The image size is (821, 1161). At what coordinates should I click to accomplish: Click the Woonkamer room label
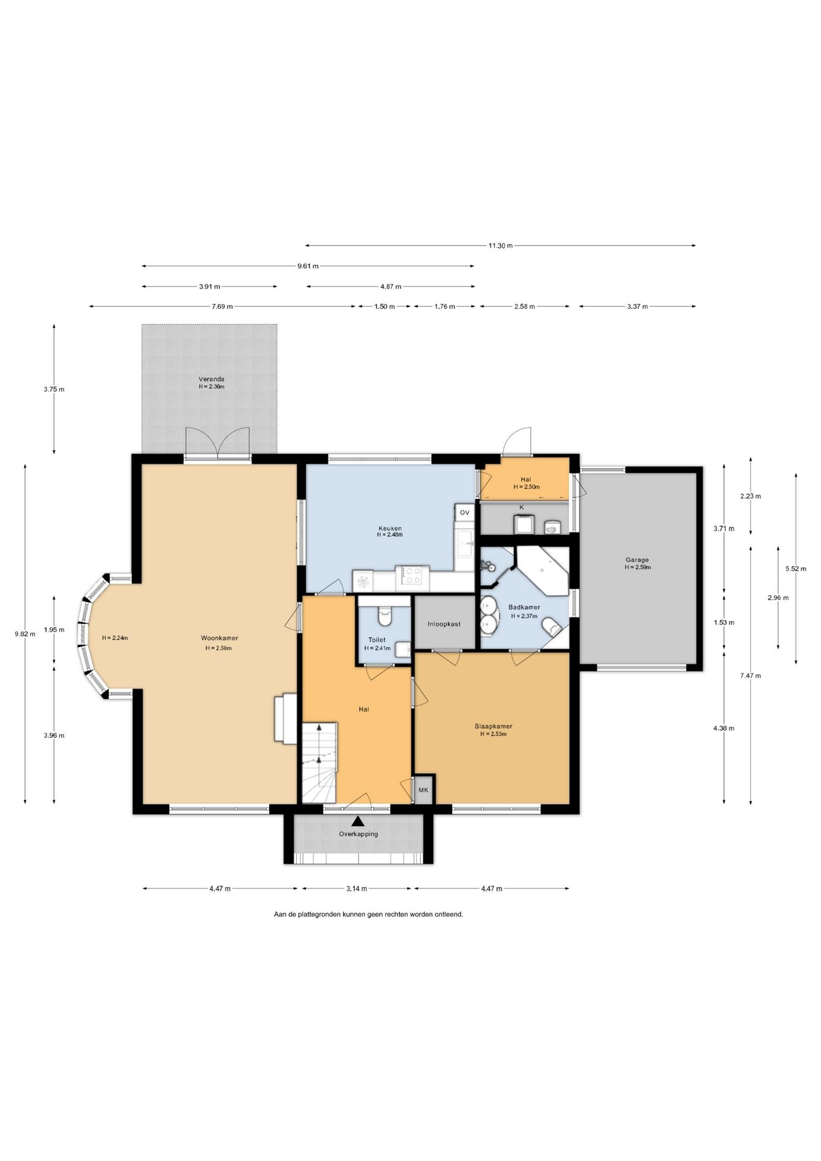(x=219, y=637)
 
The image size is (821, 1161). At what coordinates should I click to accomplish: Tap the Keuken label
(x=390, y=528)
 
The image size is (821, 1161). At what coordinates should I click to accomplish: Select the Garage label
(x=637, y=560)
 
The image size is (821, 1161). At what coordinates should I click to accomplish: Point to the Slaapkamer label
(x=493, y=726)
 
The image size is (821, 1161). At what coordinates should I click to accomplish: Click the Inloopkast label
(x=444, y=623)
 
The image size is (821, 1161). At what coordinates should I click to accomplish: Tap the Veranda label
(x=212, y=379)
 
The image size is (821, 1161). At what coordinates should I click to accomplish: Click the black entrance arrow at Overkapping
(x=359, y=821)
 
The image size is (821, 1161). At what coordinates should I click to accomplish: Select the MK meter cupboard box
(x=423, y=790)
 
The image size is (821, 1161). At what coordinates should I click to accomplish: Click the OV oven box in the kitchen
(x=464, y=512)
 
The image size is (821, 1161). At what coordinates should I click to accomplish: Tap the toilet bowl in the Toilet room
(x=384, y=616)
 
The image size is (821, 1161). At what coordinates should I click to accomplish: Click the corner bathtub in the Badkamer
(x=542, y=570)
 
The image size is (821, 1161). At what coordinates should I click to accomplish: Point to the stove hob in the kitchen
(x=412, y=574)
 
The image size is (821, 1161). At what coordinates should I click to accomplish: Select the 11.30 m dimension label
(x=500, y=246)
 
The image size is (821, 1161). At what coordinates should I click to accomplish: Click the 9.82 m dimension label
(x=25, y=634)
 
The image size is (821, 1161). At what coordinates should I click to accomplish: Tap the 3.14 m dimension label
(x=356, y=888)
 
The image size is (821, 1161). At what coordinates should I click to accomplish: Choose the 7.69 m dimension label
(x=222, y=307)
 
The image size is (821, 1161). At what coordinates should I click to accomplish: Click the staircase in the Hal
(x=319, y=762)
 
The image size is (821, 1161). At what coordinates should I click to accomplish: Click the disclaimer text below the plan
(x=368, y=914)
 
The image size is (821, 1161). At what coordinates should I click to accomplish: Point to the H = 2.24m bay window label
(x=115, y=637)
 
